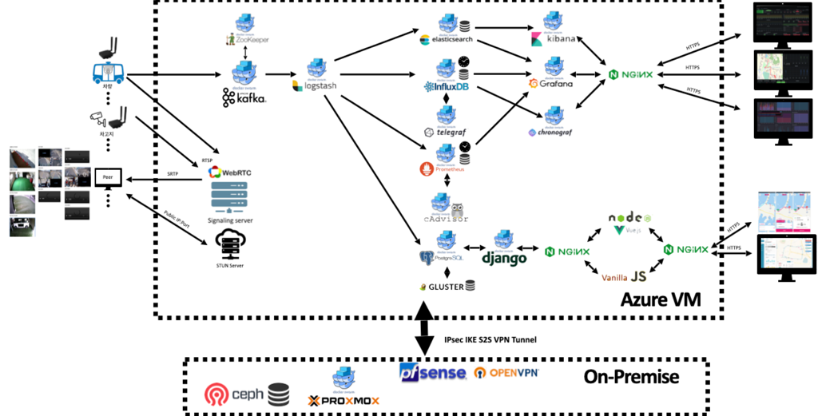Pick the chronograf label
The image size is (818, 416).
pos(552,133)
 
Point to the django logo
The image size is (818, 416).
pos(504,258)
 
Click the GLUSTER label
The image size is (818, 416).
pos(446,286)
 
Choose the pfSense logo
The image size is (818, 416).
pos(432,372)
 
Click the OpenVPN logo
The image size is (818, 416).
pos(506,373)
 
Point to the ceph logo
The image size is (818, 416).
pos(236,394)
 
